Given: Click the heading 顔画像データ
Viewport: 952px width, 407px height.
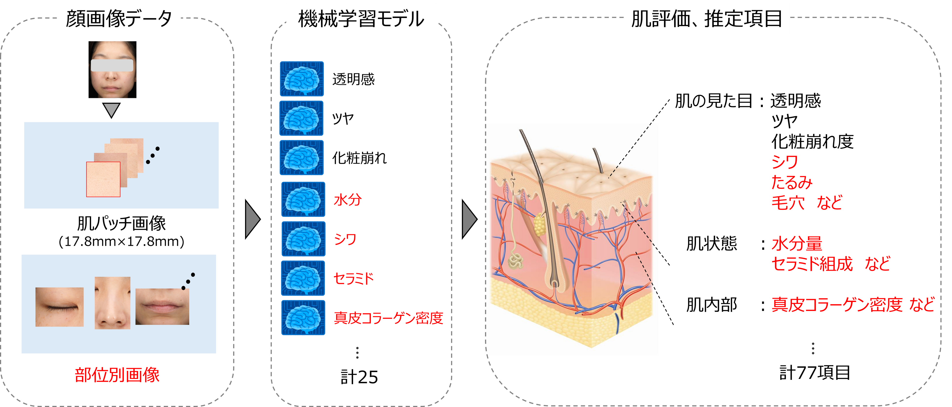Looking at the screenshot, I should coord(119,19).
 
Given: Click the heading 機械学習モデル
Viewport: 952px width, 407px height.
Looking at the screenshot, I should coord(361,19).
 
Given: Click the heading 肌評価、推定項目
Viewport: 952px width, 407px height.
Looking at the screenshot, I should coord(707,19).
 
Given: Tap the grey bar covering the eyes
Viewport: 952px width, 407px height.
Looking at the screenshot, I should coord(112,65).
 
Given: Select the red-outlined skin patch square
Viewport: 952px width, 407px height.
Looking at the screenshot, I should coord(103,180).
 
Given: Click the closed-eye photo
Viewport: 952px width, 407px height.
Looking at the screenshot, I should coord(60,307).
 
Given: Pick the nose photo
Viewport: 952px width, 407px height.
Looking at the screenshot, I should coord(112,303).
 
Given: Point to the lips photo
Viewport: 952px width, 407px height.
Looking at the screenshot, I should coord(162,307).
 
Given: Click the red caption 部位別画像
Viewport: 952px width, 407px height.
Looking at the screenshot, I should coord(117,375).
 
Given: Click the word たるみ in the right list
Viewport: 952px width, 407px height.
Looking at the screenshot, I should coord(792,182).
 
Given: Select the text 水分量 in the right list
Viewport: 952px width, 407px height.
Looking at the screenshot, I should coord(797,244).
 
